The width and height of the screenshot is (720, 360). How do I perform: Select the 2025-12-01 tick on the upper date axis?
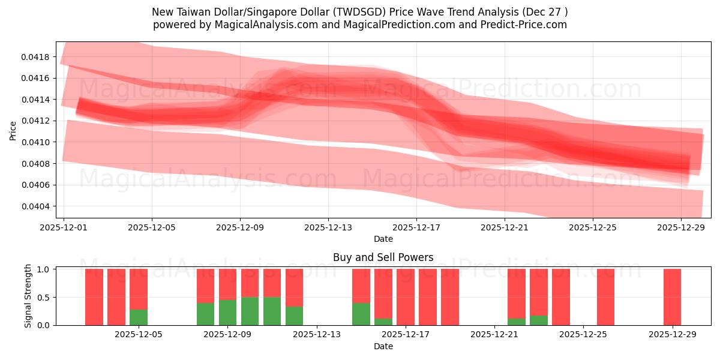[64, 228]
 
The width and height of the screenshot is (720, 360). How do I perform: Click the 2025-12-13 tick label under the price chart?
[328, 228]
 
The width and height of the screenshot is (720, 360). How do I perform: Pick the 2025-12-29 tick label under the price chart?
[681, 228]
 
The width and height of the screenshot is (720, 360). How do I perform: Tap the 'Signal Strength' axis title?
[28, 296]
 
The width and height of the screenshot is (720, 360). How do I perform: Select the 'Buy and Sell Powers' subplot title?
[383, 257]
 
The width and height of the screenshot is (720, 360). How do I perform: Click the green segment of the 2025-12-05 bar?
[139, 317]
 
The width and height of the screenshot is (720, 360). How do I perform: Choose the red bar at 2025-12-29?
[672, 297]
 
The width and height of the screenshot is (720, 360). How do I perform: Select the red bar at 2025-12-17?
[406, 297]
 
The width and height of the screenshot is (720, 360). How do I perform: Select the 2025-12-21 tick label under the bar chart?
[494, 335]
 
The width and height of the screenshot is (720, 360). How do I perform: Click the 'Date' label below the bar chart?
[383, 346]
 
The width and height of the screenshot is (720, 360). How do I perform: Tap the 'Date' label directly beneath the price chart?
[383, 239]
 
